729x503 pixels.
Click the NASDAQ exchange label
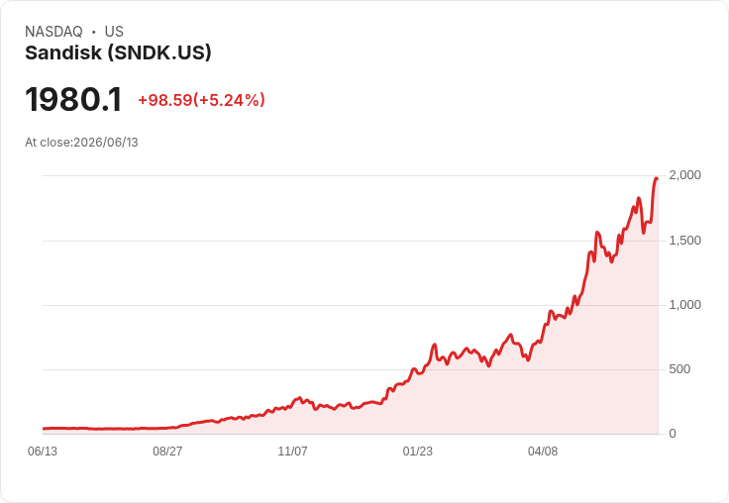[53, 32]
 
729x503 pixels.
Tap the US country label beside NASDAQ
[114, 32]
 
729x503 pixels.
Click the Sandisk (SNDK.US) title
[118, 53]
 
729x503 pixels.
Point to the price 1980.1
[73, 99]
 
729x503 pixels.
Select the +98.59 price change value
[165, 100]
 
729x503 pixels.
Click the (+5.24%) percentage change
[229, 100]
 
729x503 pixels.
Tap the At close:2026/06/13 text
[81, 143]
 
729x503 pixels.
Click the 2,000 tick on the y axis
[684, 175]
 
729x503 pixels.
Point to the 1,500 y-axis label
[684, 241]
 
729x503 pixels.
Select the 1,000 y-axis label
[684, 305]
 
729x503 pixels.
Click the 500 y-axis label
[679, 369]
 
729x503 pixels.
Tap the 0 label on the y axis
[673, 434]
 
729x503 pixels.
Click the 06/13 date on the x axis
[43, 452]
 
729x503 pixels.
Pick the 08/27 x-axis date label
[167, 452]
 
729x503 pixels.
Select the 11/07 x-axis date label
[292, 452]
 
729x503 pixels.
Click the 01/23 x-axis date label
[418, 452]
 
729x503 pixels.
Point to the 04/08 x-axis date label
[543, 452]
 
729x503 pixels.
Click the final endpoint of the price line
[657, 178]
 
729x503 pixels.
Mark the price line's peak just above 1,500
[597, 232]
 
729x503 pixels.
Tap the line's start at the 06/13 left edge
[44, 429]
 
